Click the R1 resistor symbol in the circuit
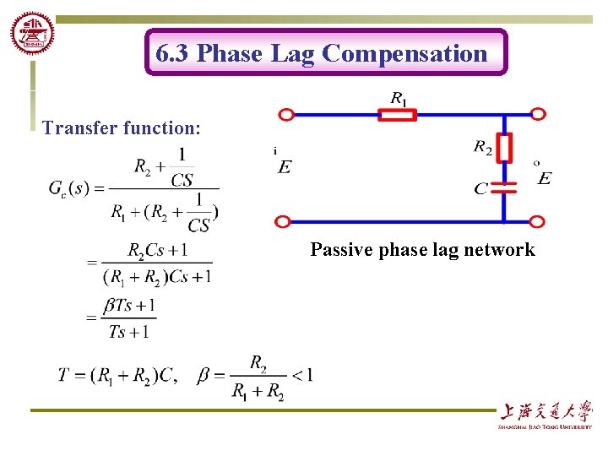(397, 115)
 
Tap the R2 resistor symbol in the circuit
(504, 148)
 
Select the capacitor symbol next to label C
(504, 187)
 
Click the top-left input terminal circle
(286, 115)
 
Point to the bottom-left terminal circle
(283, 222)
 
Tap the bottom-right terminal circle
(538, 222)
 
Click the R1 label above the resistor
(398, 98)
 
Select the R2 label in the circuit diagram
(483, 149)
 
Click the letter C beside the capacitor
(480, 188)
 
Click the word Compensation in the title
(404, 54)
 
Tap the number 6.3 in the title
(173, 54)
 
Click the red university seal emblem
(32, 35)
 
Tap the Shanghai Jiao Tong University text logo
(545, 414)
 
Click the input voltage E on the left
(285, 166)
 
